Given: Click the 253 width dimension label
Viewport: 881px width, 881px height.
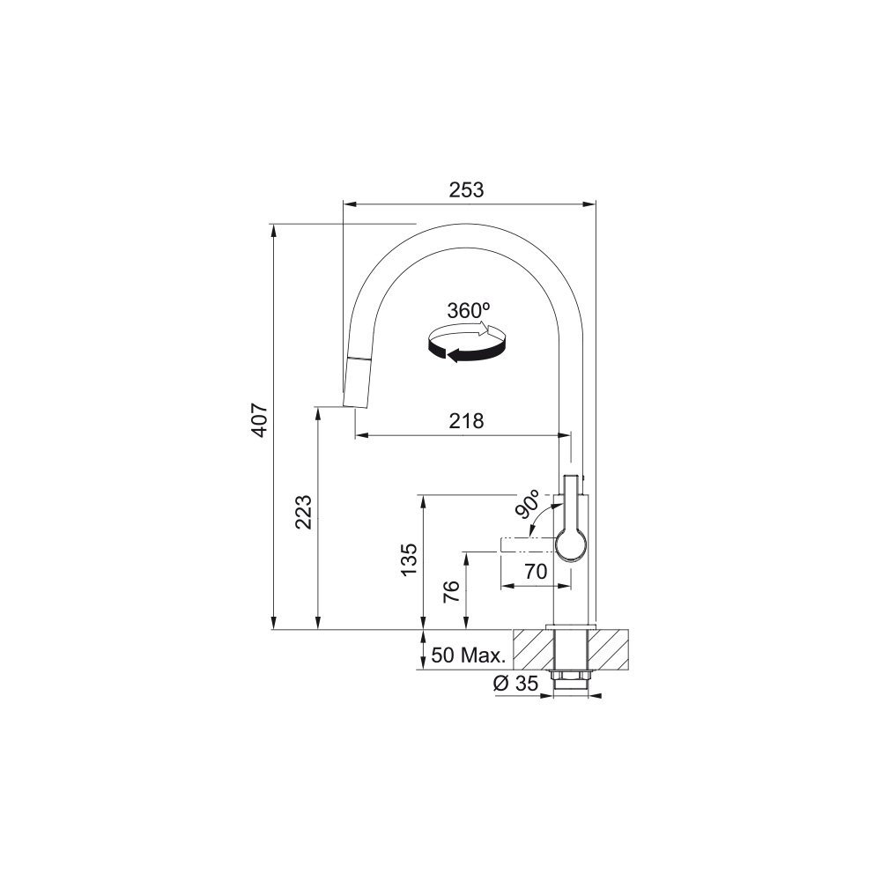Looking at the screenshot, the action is pos(466,190).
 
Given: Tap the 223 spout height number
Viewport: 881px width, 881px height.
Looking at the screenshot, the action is pos(303,512).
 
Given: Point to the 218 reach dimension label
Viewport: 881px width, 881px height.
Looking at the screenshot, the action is pos(466,421).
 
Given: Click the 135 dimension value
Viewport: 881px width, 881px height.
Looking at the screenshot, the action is pos(409,559).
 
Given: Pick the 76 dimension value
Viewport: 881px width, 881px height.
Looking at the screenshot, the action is pos(451,591).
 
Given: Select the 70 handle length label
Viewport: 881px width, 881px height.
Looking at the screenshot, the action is pos(536,572).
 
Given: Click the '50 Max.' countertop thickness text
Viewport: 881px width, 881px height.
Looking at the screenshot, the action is pos(469,655).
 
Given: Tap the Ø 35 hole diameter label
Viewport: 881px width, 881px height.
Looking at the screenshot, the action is pos(515,684).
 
